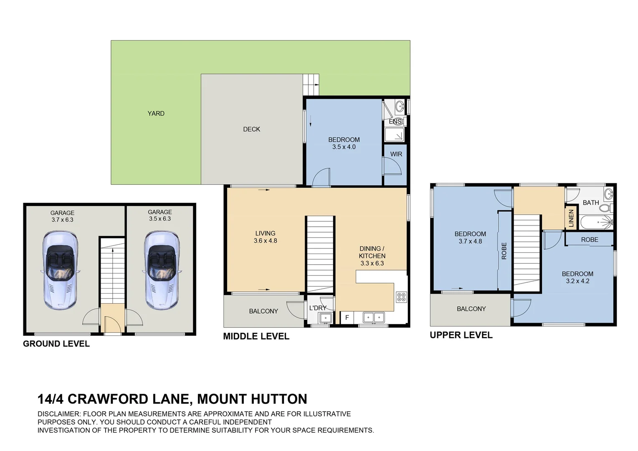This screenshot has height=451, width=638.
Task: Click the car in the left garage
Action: pos(60,271)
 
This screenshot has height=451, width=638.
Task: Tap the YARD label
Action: pos(156,114)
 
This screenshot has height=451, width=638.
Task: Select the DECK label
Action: pos(251,129)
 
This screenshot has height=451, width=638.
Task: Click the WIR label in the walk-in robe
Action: pos(396,154)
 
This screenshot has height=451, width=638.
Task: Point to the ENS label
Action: pos(395,122)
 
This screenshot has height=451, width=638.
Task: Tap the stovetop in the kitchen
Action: pos(401,297)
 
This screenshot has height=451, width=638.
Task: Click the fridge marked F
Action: pos(347,318)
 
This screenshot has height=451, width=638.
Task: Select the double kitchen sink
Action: pos(373,317)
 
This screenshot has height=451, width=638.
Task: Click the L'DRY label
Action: pos(318,308)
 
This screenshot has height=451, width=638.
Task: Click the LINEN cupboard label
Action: pos(571,218)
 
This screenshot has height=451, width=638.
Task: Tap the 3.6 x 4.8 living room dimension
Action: pos(265,241)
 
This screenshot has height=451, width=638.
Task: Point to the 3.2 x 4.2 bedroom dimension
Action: pos(577,281)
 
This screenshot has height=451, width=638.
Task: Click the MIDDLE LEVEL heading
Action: pos(256,337)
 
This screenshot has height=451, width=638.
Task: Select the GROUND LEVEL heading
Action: pos(56,344)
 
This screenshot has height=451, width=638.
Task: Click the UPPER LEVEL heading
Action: pos(461,335)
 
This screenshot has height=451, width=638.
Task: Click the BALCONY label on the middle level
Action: pos(263,311)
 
